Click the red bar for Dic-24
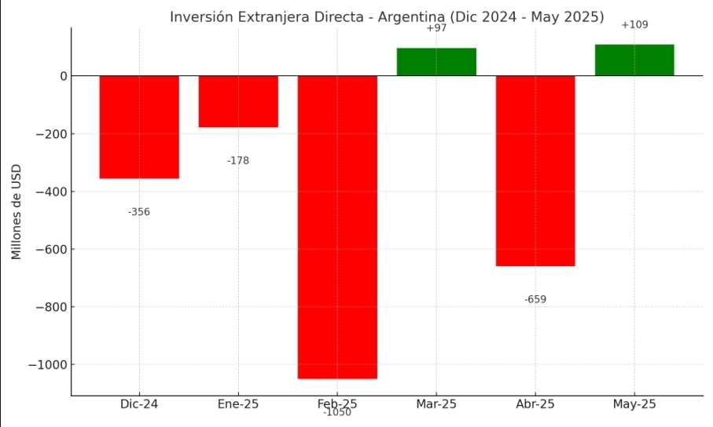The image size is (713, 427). (139, 127)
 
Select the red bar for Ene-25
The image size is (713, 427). (238, 101)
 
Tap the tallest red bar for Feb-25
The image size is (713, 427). (337, 227)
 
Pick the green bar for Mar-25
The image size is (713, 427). (436, 62)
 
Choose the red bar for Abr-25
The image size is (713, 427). (535, 170)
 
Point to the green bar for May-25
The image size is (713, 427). (634, 60)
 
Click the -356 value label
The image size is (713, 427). (139, 212)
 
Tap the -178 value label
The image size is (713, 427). (238, 161)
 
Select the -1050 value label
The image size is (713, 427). (337, 413)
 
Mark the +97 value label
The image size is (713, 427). (436, 28)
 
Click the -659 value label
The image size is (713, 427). (535, 299)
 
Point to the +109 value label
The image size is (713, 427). (634, 25)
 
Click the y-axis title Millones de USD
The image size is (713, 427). (17, 212)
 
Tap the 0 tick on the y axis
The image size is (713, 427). (61, 76)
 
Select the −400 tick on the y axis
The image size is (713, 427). (48, 192)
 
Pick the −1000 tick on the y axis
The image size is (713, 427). (45, 365)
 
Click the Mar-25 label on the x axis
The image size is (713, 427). (436, 404)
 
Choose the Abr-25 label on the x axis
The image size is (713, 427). (535, 404)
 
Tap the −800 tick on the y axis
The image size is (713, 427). (48, 307)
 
